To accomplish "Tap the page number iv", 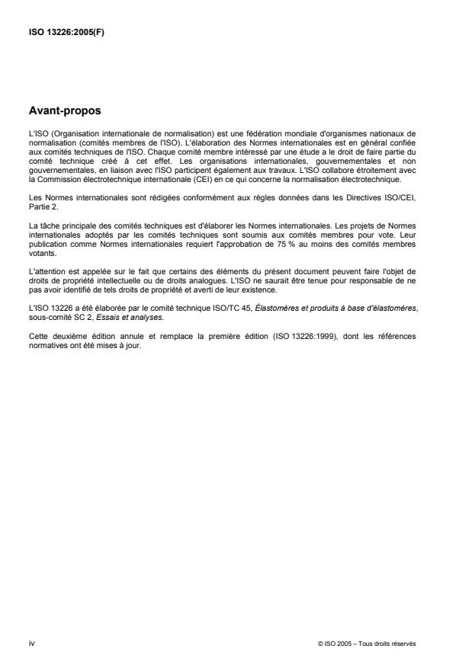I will [31, 643].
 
